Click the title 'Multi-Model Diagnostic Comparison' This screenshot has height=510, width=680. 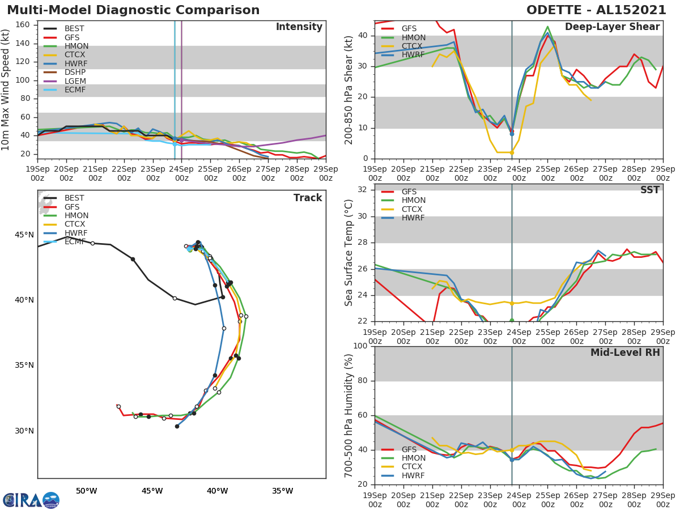point(133,10)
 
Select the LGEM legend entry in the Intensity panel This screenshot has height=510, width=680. point(75,81)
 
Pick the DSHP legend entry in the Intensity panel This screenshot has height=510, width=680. point(75,73)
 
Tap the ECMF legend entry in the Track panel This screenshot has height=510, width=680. point(75,242)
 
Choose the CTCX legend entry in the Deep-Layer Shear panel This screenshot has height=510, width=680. point(413,46)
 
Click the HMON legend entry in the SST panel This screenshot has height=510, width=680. point(413,201)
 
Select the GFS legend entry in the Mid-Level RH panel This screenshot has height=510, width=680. point(409,449)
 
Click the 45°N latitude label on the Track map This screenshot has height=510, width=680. point(24,235)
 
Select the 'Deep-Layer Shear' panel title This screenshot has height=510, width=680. point(612,27)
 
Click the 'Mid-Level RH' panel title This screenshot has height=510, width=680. point(625,352)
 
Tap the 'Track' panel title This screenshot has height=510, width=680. point(307,198)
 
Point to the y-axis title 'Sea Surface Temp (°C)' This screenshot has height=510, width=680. point(348,252)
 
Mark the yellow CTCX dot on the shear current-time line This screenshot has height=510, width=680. point(512,152)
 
